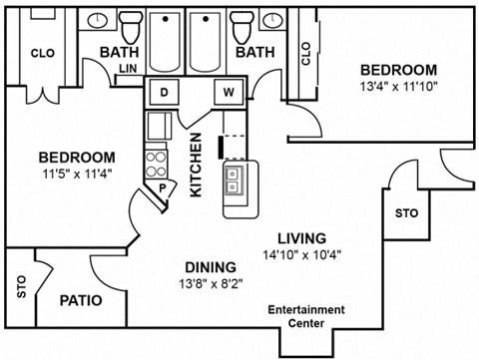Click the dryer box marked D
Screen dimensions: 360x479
[x=164, y=93]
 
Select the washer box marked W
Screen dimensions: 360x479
[x=229, y=93]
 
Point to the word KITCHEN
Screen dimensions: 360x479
[x=198, y=165]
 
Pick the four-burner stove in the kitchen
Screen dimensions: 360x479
[x=156, y=161]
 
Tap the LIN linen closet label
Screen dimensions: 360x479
[x=127, y=69]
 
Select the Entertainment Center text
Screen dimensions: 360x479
[x=305, y=315]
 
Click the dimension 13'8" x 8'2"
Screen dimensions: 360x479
[x=210, y=283]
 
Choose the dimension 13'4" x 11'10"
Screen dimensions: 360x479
[x=398, y=87]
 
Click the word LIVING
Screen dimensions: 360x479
[x=301, y=238]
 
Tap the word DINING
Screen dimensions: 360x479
[x=210, y=267]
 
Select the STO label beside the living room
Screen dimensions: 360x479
[x=406, y=213]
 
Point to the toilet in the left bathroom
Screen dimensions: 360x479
[x=129, y=22]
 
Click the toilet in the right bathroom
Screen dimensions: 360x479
[x=239, y=22]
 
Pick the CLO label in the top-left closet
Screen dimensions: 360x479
[x=41, y=53]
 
